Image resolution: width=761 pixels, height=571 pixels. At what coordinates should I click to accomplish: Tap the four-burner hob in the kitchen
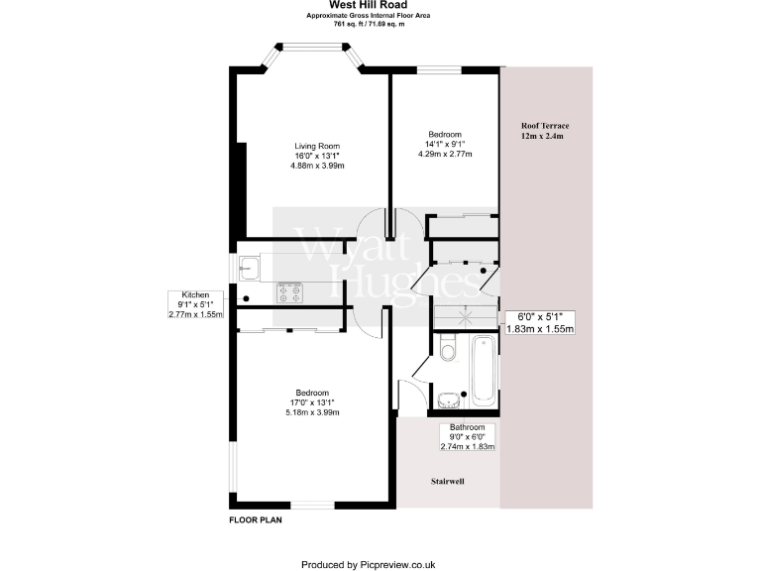pos(290,291)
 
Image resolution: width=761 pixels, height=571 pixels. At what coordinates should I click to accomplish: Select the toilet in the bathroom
pos(448,350)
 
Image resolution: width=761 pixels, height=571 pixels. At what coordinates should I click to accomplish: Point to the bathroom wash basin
pos(450,399)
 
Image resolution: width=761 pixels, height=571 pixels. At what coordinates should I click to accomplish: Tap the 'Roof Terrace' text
pos(546,126)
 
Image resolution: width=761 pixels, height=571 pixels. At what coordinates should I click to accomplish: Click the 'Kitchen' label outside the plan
pos(194,294)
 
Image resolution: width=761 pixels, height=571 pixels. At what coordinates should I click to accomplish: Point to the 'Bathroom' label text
pos(467,427)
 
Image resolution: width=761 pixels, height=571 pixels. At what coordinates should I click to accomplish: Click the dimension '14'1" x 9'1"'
pos(445,144)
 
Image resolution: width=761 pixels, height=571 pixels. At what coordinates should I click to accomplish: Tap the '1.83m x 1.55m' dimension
pos(540,328)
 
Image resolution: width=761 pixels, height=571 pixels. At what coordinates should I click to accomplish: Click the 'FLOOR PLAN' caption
pos(256,519)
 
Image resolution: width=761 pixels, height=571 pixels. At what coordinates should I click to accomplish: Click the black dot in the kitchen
pos(246,297)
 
